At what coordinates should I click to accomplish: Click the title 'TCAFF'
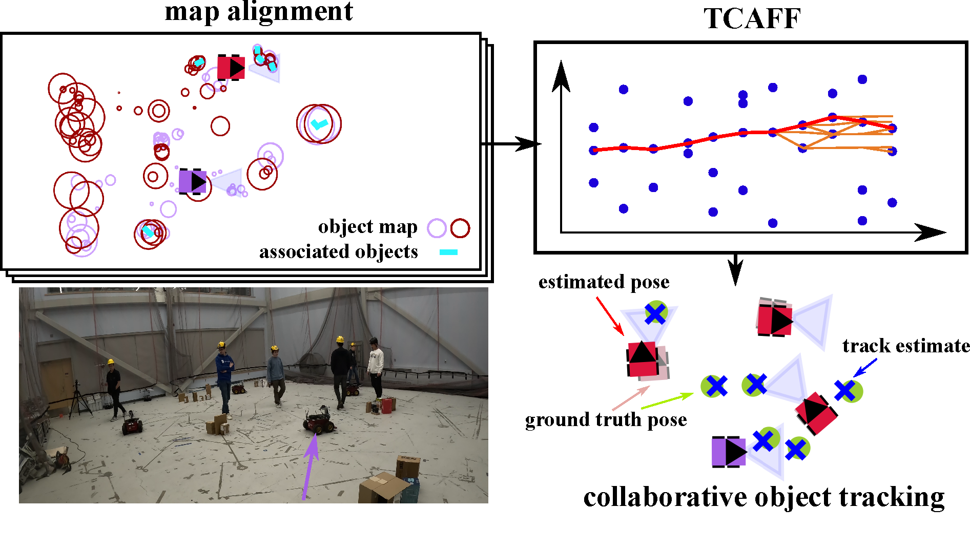[x=752, y=19]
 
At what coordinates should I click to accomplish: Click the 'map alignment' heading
[x=259, y=11]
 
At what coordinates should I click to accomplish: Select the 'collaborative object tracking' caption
[x=763, y=497]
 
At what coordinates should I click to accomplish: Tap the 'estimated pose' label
[x=604, y=282]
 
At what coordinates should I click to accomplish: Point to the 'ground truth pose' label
[x=606, y=419]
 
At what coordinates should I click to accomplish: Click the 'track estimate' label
[x=906, y=346]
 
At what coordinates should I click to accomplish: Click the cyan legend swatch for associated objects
[x=448, y=252]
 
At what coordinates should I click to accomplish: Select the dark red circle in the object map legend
[x=460, y=228]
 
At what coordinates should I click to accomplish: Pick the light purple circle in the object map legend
[x=437, y=228]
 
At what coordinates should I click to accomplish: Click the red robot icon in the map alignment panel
[x=231, y=67]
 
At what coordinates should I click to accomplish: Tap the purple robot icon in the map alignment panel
[x=193, y=181]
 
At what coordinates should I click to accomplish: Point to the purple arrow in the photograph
[x=309, y=466]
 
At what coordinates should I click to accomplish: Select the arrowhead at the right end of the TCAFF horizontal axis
[x=930, y=232]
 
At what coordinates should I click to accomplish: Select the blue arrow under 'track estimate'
[x=864, y=367]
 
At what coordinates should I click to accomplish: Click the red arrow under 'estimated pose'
[x=610, y=315]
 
